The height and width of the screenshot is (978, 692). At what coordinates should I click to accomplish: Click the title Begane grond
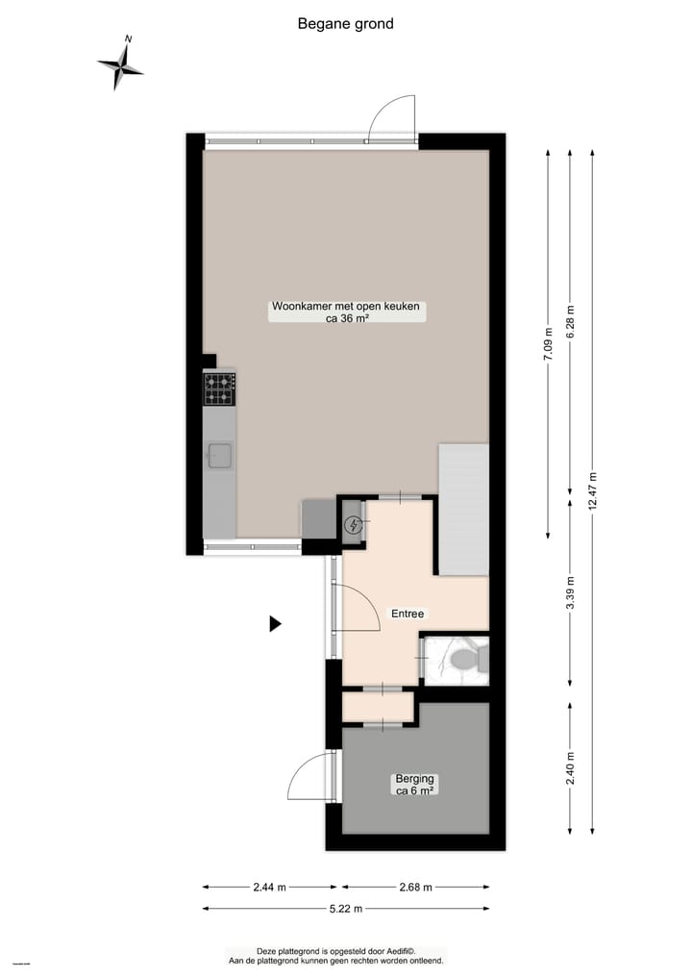[346, 24]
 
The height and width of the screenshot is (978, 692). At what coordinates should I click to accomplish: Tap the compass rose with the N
[121, 65]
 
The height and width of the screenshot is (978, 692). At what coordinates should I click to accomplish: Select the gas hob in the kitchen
[219, 389]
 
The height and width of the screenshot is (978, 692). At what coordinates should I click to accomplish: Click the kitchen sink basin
[220, 455]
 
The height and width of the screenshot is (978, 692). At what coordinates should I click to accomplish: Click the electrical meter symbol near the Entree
[354, 525]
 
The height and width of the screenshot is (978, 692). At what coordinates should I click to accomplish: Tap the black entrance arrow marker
[275, 624]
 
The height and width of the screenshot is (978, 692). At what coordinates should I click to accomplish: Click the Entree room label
[407, 614]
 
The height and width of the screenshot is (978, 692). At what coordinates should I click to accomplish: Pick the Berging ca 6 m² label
[415, 785]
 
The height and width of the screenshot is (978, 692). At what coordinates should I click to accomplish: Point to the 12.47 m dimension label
[594, 492]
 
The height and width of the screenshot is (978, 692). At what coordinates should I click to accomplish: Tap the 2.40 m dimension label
[571, 767]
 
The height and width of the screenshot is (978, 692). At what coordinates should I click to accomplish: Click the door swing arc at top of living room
[391, 118]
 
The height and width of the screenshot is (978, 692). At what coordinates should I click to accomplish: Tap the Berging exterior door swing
[310, 777]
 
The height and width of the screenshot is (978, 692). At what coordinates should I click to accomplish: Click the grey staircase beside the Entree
[464, 510]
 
